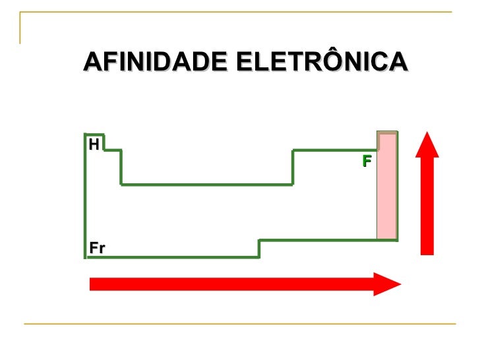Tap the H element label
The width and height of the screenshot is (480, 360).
click(94, 144)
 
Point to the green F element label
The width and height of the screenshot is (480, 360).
click(367, 161)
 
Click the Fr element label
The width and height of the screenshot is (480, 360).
click(98, 248)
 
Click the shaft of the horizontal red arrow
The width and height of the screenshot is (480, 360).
click(231, 284)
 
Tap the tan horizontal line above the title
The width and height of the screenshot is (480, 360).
click(237, 13)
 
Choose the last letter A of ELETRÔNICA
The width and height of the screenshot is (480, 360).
click(398, 62)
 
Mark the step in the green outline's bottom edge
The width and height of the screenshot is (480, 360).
click(259, 248)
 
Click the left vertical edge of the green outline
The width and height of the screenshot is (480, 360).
click(85, 198)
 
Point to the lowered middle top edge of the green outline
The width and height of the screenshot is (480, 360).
click(206, 185)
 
